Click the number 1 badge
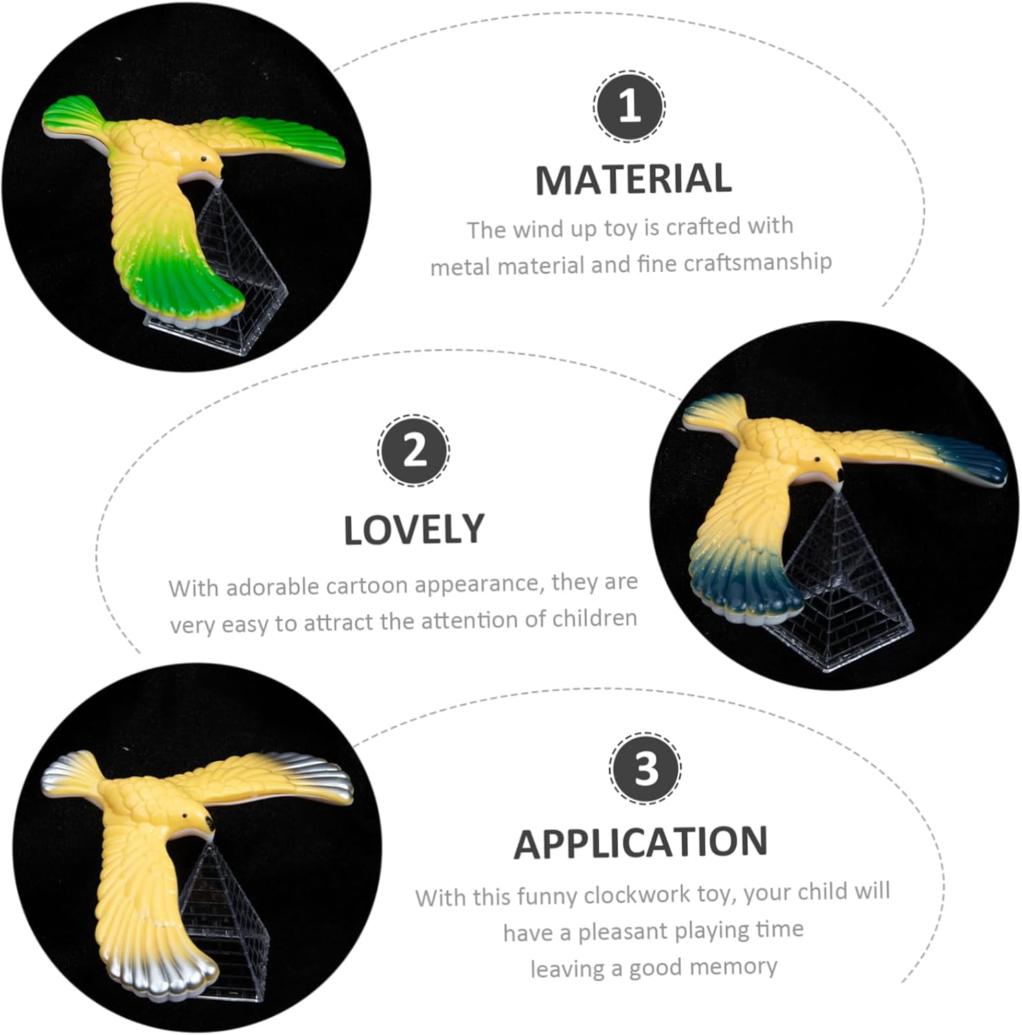(629, 106)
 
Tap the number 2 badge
(414, 451)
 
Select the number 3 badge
(645, 768)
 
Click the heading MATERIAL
(633, 179)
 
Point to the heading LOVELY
(414, 530)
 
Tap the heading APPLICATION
(641, 842)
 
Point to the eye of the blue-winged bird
(817, 460)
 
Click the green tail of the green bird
(186, 290)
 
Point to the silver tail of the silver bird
(162, 969)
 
